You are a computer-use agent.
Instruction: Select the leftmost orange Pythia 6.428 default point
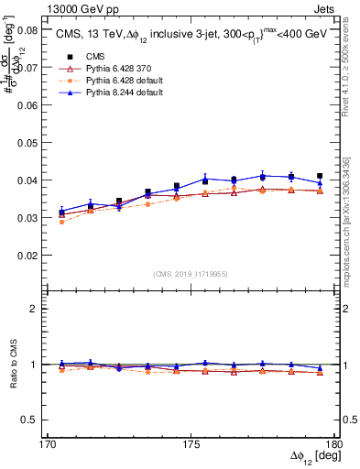point(61,222)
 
